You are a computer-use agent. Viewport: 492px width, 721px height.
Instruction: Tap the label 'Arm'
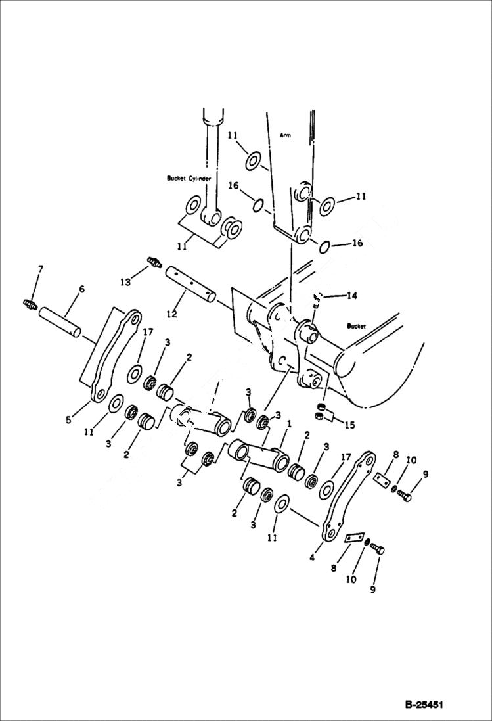tap(284, 135)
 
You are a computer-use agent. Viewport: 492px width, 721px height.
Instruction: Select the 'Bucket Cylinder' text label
tap(189, 178)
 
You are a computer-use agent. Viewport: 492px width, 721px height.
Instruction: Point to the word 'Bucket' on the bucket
tap(357, 326)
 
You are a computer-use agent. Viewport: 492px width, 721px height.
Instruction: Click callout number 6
tap(81, 289)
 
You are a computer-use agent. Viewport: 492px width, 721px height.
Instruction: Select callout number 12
tap(171, 314)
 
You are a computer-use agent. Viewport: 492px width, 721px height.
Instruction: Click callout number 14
tap(351, 296)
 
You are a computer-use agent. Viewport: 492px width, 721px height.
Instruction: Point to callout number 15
tap(349, 425)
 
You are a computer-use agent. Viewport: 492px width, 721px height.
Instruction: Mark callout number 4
tap(312, 557)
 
